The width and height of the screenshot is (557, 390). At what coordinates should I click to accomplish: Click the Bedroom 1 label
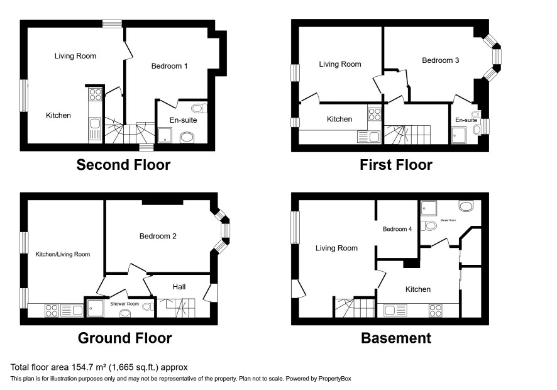[169, 66]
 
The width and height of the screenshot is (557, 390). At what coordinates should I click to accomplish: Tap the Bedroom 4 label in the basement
[397, 230]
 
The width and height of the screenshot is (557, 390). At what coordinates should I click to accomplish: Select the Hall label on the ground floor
[179, 287]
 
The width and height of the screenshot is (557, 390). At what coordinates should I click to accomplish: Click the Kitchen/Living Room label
[62, 254]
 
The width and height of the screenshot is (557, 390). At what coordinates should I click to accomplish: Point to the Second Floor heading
[123, 165]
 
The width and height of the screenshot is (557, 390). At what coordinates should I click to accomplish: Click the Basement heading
[396, 338]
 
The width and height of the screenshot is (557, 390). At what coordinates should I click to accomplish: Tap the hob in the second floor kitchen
[95, 94]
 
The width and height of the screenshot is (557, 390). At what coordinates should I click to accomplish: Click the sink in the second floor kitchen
[95, 128]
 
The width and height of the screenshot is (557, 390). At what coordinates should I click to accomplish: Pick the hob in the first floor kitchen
[374, 114]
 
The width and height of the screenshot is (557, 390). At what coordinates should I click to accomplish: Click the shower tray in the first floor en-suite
[458, 135]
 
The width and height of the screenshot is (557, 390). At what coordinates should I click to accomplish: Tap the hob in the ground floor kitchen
[52, 310]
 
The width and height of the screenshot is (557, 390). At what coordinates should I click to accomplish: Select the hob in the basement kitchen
[436, 310]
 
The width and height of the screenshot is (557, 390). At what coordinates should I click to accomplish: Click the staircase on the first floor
[407, 135]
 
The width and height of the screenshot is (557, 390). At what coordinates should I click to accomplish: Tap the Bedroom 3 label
[441, 60]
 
